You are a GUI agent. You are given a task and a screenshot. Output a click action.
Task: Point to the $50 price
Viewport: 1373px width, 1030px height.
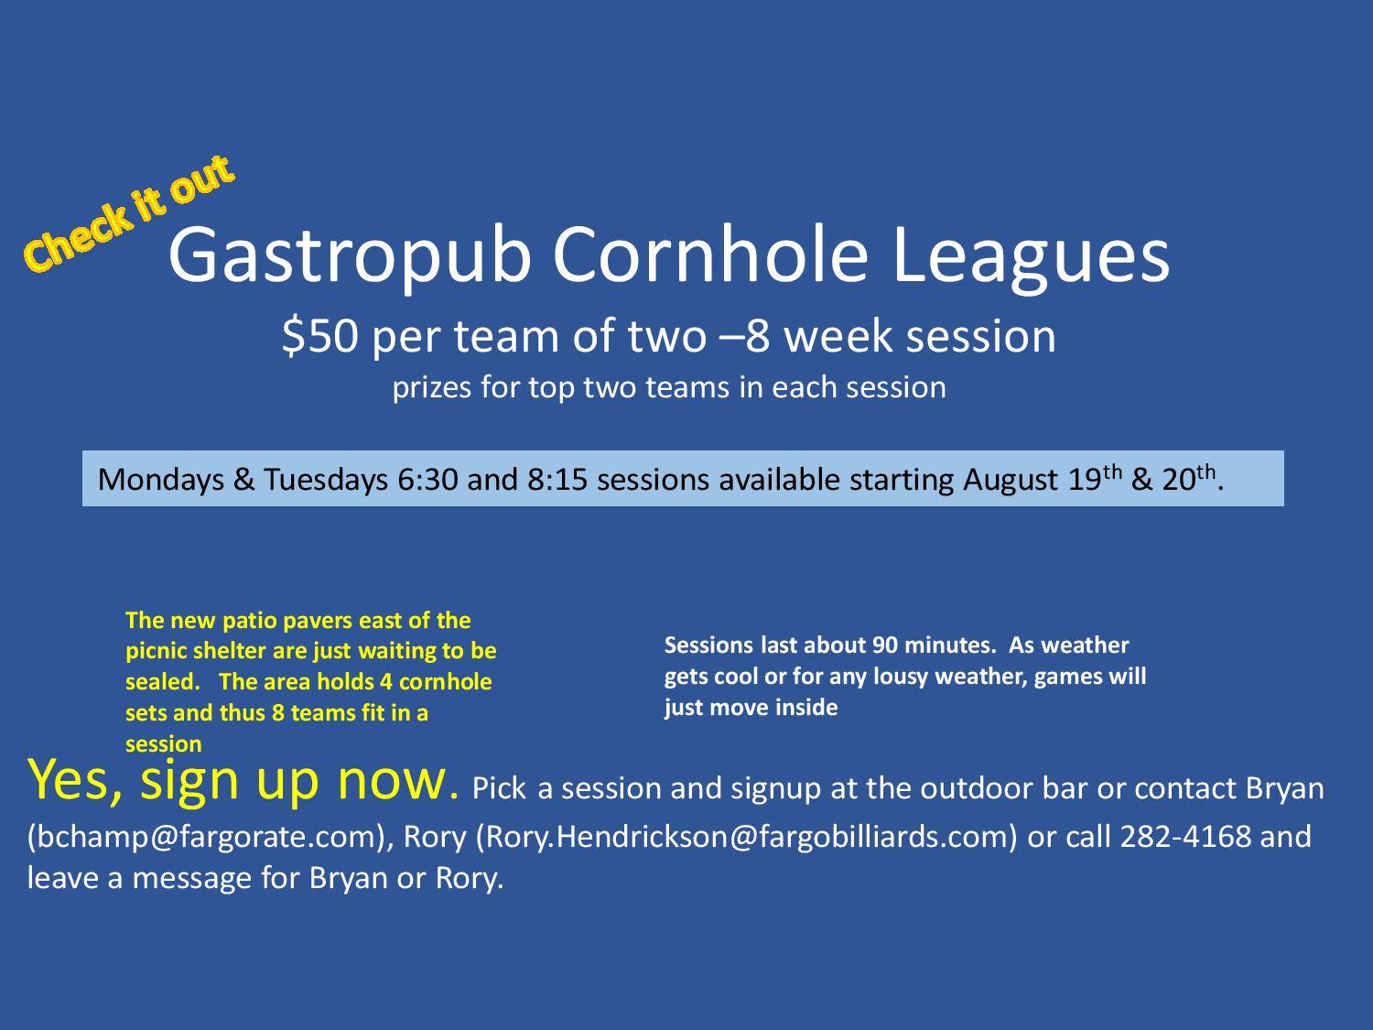320,336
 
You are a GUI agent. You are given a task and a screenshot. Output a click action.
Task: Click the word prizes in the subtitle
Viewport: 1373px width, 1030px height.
432,387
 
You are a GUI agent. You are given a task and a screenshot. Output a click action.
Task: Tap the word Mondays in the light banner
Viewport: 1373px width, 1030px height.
161,481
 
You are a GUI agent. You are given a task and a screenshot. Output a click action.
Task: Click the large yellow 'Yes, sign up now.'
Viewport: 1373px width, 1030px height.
243,781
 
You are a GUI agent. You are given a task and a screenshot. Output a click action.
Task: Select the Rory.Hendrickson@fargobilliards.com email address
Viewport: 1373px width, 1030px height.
747,837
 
